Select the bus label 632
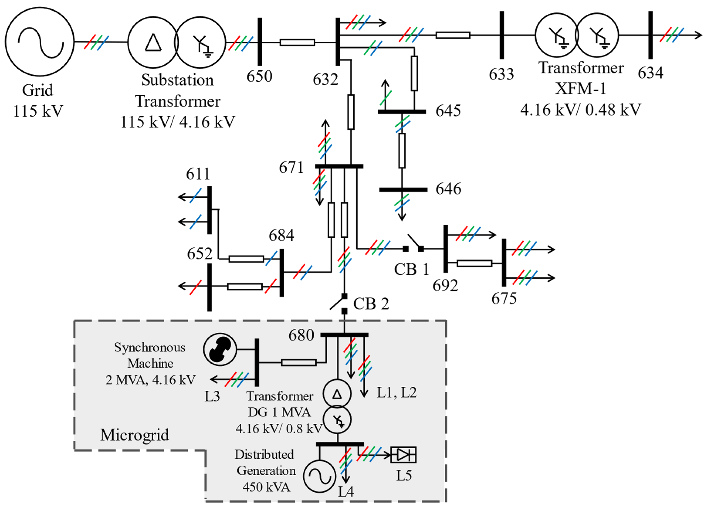325,80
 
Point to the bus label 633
501,74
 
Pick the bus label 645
448,111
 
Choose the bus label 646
448,189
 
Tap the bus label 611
198,174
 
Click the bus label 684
281,235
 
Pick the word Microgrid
134,435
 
